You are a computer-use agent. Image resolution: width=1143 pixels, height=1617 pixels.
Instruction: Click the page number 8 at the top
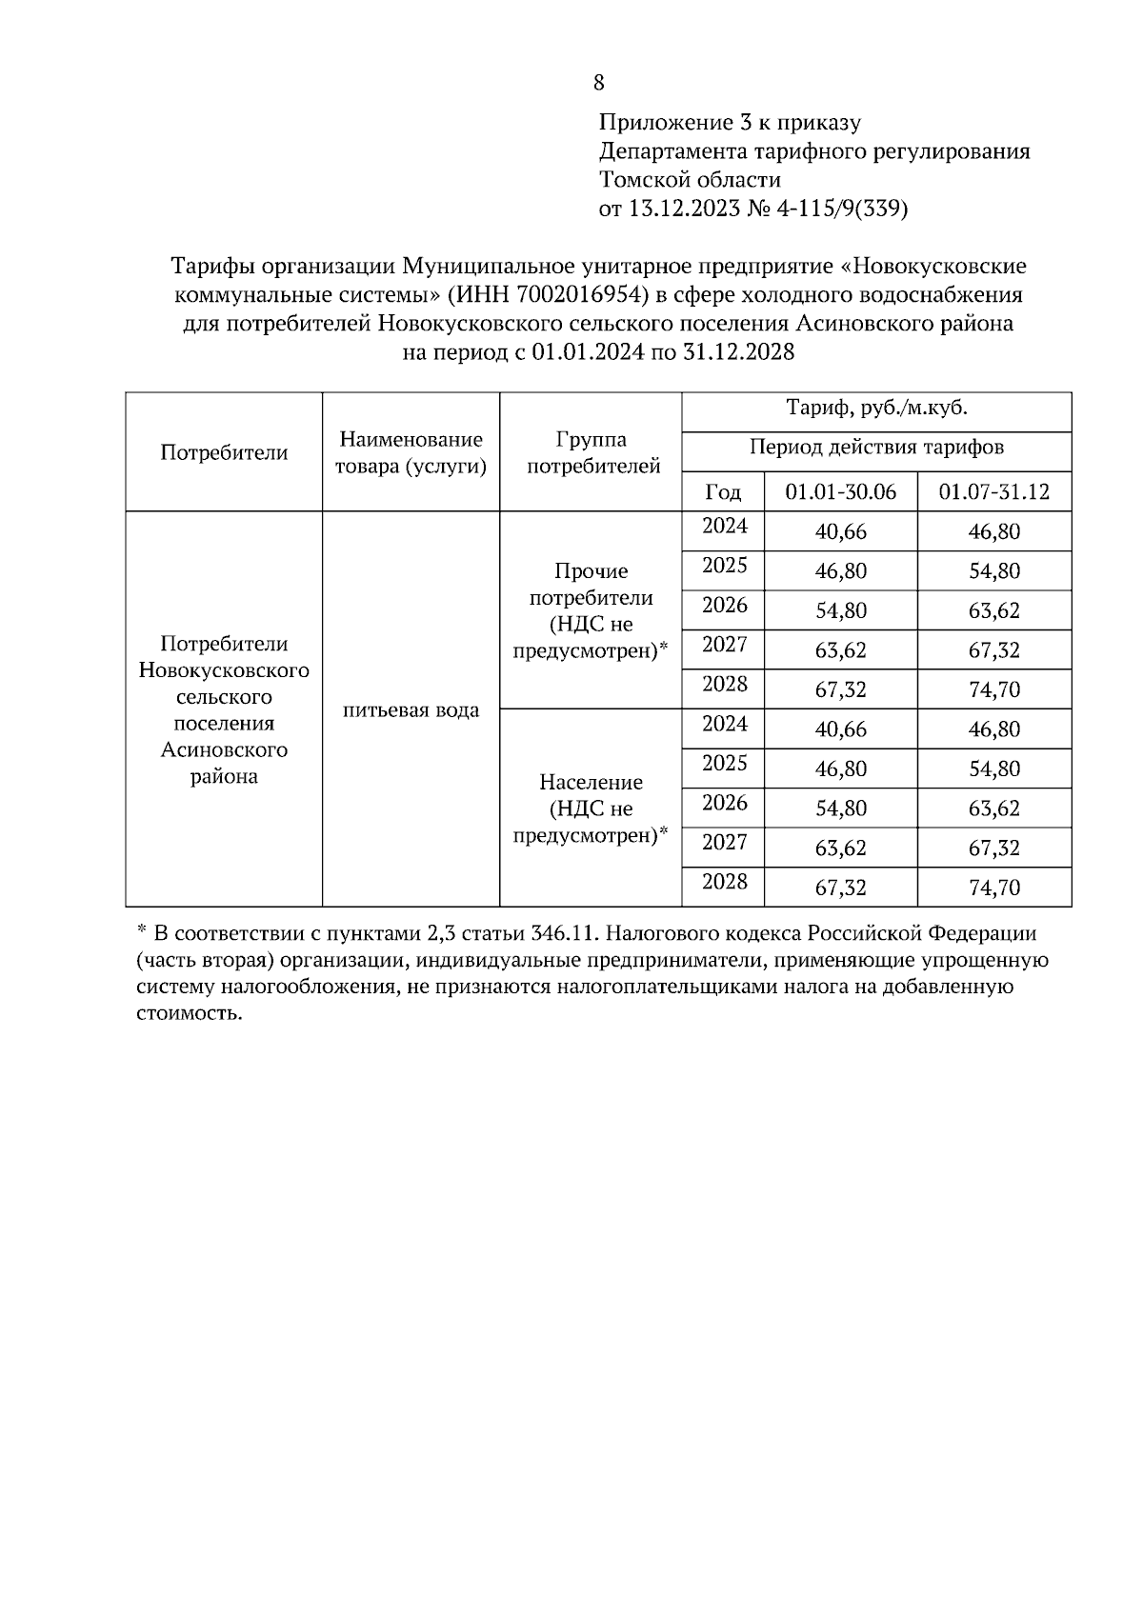598,83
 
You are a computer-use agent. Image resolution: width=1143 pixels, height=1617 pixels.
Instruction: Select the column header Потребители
224,453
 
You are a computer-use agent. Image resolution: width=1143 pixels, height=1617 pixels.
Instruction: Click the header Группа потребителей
592,453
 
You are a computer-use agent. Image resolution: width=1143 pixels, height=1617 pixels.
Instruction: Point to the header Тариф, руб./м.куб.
876,409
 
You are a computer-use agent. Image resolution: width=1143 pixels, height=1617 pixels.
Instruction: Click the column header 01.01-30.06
840,492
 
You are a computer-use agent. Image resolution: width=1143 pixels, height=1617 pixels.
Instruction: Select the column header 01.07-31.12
993,492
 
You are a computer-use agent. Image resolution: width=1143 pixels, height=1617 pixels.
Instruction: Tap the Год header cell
723,492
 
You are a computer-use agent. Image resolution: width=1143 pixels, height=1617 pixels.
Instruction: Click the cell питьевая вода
411,710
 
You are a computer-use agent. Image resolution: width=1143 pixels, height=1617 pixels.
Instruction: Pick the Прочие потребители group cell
592,610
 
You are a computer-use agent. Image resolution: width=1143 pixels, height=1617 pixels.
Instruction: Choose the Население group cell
592,808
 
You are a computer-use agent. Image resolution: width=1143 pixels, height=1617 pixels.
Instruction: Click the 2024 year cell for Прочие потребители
725,527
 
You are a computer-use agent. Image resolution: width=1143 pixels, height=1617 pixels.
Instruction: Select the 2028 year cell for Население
725,882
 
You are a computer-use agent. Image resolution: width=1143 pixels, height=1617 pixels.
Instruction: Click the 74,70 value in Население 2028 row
993,888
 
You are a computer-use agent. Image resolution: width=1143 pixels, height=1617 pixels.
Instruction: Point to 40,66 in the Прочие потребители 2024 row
840,532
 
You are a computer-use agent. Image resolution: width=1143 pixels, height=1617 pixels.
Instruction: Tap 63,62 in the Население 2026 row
993,809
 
